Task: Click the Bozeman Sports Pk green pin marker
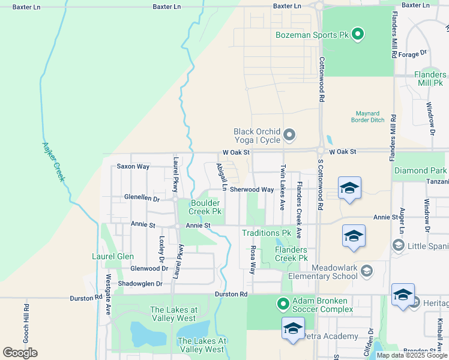click(x=358, y=35)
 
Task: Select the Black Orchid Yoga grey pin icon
click(x=289, y=135)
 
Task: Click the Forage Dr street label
click(x=412, y=54)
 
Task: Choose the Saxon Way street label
click(x=133, y=166)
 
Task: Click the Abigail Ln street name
click(x=221, y=178)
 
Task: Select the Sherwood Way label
click(x=252, y=190)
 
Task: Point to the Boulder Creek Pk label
click(x=206, y=207)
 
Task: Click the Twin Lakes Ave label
click(x=282, y=187)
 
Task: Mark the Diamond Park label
click(x=420, y=171)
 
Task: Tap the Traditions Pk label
click(x=266, y=233)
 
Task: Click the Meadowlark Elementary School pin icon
click(x=366, y=272)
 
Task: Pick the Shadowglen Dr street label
click(x=142, y=284)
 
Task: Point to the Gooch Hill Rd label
click(x=26, y=320)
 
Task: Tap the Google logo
click(x=20, y=353)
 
